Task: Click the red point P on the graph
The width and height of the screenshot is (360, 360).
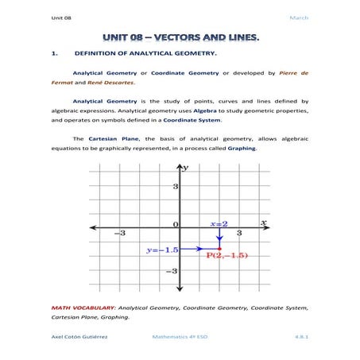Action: click(220, 250)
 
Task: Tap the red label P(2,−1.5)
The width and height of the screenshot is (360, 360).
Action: click(228, 256)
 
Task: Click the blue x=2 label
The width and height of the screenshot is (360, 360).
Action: click(219, 224)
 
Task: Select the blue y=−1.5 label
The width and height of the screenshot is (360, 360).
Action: click(161, 250)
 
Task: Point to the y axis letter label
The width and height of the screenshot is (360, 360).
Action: click(186, 168)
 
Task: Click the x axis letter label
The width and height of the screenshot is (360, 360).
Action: click(263, 223)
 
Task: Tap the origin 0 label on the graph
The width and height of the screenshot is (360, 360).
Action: click(176, 226)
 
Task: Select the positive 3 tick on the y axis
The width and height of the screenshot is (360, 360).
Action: click(175, 186)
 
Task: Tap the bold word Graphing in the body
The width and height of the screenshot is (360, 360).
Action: click(242, 148)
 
